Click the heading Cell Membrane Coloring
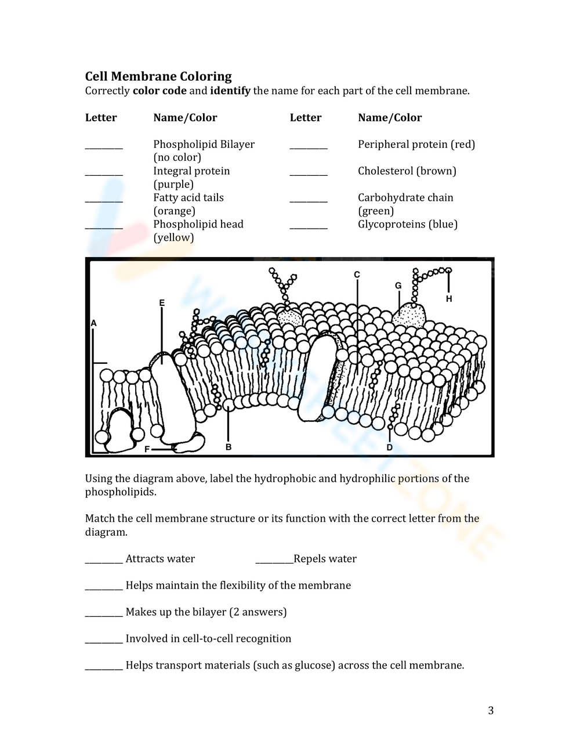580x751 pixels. [x=158, y=76]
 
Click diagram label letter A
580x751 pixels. [x=93, y=323]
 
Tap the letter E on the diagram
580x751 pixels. [x=162, y=303]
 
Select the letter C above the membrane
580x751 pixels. [x=357, y=275]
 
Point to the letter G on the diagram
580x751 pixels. [x=398, y=286]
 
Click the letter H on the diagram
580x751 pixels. [x=449, y=299]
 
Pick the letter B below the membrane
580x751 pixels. [x=229, y=447]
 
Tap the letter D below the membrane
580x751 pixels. [x=390, y=447]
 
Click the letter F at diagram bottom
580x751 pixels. [x=147, y=449]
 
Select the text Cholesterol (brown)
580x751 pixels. [x=407, y=171]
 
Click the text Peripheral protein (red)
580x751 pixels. [x=416, y=144]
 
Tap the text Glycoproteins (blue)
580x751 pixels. [x=407, y=224]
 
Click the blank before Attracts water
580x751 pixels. [x=104, y=559]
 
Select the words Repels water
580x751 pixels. [x=325, y=559]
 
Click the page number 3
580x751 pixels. [x=491, y=710]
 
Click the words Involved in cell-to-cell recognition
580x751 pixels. [x=208, y=638]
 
